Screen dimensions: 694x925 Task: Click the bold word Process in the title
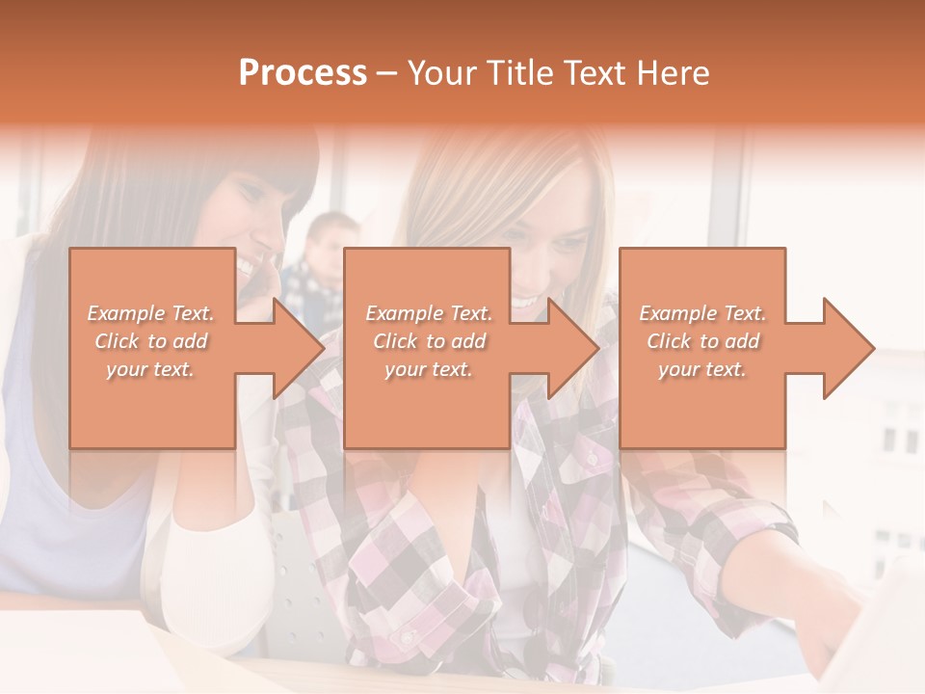pyautogui.click(x=303, y=73)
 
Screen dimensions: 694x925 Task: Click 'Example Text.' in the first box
pyautogui.click(x=151, y=313)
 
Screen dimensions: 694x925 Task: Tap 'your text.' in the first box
pyautogui.click(x=151, y=369)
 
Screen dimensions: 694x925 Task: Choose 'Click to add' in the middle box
pyautogui.click(x=429, y=341)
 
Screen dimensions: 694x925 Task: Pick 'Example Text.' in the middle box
pyautogui.click(x=429, y=313)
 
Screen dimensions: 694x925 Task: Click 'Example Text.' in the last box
pyautogui.click(x=702, y=313)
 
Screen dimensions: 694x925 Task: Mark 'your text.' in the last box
pyautogui.click(x=702, y=369)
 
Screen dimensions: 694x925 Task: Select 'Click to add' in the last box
pyautogui.click(x=702, y=341)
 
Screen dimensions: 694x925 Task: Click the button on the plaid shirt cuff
pyautogui.click(x=409, y=637)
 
